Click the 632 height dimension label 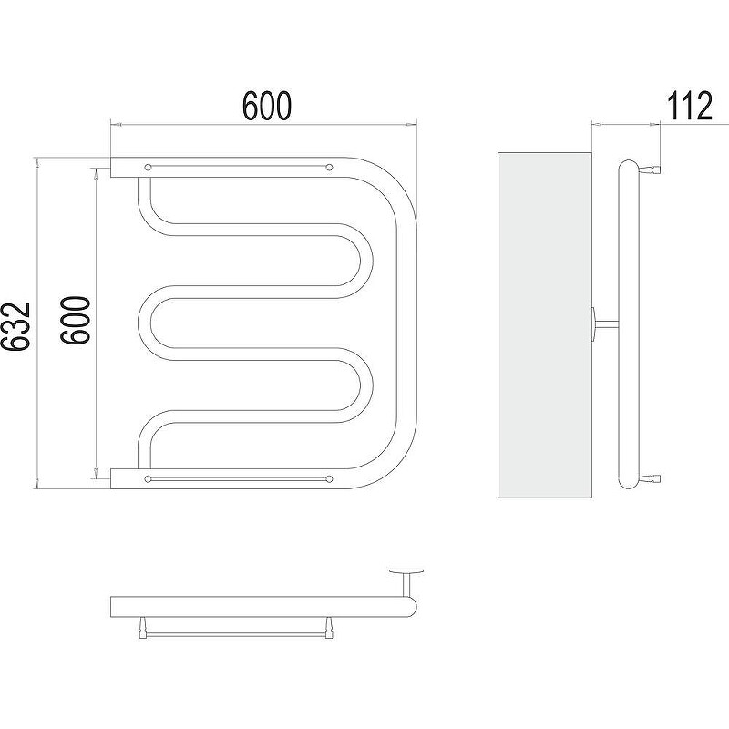(x=15, y=326)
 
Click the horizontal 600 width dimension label (x=267, y=106)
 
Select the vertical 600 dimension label (x=75, y=320)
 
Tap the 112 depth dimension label (x=690, y=106)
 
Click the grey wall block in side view (x=544, y=325)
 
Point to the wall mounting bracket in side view (x=604, y=325)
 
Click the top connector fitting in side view (x=650, y=169)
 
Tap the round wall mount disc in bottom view (x=406, y=571)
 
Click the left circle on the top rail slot (x=149, y=167)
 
